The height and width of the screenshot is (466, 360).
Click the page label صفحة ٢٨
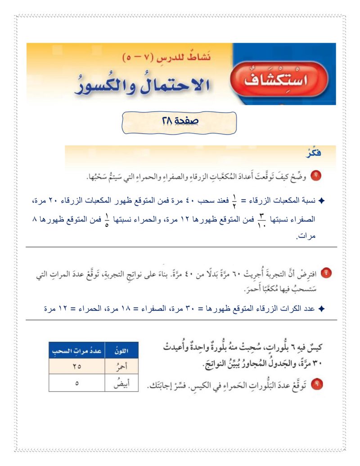[x=180, y=121]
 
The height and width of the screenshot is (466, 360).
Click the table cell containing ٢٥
[x=76, y=367]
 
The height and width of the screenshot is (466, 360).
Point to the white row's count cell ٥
[x=76, y=384]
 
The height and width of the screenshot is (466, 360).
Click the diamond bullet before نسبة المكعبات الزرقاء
[x=321, y=200]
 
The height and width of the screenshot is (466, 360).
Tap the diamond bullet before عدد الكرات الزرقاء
[x=321, y=309]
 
